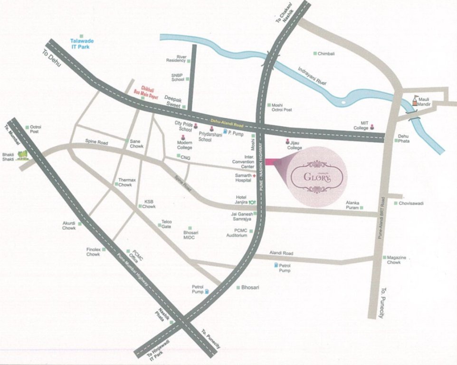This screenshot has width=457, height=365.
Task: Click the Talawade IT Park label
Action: click(81, 44)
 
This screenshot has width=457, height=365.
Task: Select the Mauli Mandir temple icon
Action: click(416, 100)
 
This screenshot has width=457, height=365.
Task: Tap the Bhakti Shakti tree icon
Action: click(21, 155)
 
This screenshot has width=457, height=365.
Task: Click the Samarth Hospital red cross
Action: click(255, 176)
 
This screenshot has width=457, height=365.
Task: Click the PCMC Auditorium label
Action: click(238, 232)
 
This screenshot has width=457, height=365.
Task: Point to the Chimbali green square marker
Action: click(315, 54)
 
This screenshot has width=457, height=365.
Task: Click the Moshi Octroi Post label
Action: click(282, 107)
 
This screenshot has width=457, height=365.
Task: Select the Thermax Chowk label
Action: click(124, 182)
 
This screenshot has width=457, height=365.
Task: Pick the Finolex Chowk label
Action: click(93, 252)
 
